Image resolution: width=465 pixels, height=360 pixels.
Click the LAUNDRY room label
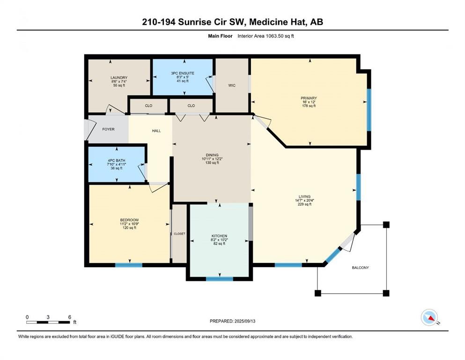[x=119, y=78]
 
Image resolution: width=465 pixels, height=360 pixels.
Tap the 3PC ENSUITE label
[x=183, y=73]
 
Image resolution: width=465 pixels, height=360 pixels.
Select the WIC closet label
[x=232, y=85]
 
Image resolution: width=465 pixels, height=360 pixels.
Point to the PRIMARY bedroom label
[x=309, y=98]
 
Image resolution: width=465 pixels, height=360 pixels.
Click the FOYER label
[x=108, y=129]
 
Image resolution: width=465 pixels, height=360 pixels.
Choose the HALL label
[x=156, y=131]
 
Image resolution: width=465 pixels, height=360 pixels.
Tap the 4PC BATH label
[x=117, y=161]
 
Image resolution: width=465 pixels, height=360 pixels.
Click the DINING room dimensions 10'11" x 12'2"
[x=212, y=159]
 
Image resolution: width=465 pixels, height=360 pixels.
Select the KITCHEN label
[x=220, y=236]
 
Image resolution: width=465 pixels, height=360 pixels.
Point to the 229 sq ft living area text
[x=304, y=204]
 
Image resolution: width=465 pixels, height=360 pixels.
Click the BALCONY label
[x=360, y=268]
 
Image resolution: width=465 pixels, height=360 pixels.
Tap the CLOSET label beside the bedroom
[x=179, y=234]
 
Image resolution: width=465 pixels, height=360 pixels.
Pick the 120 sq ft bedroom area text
[x=129, y=228]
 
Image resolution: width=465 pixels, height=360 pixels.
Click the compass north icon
[x=429, y=317]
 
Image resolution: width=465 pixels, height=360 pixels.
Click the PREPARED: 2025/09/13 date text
[x=232, y=321]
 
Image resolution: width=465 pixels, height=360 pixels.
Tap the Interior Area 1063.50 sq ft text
[x=266, y=36]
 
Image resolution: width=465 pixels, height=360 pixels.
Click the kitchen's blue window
[x=220, y=279]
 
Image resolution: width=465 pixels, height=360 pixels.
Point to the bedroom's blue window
[x=129, y=265]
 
